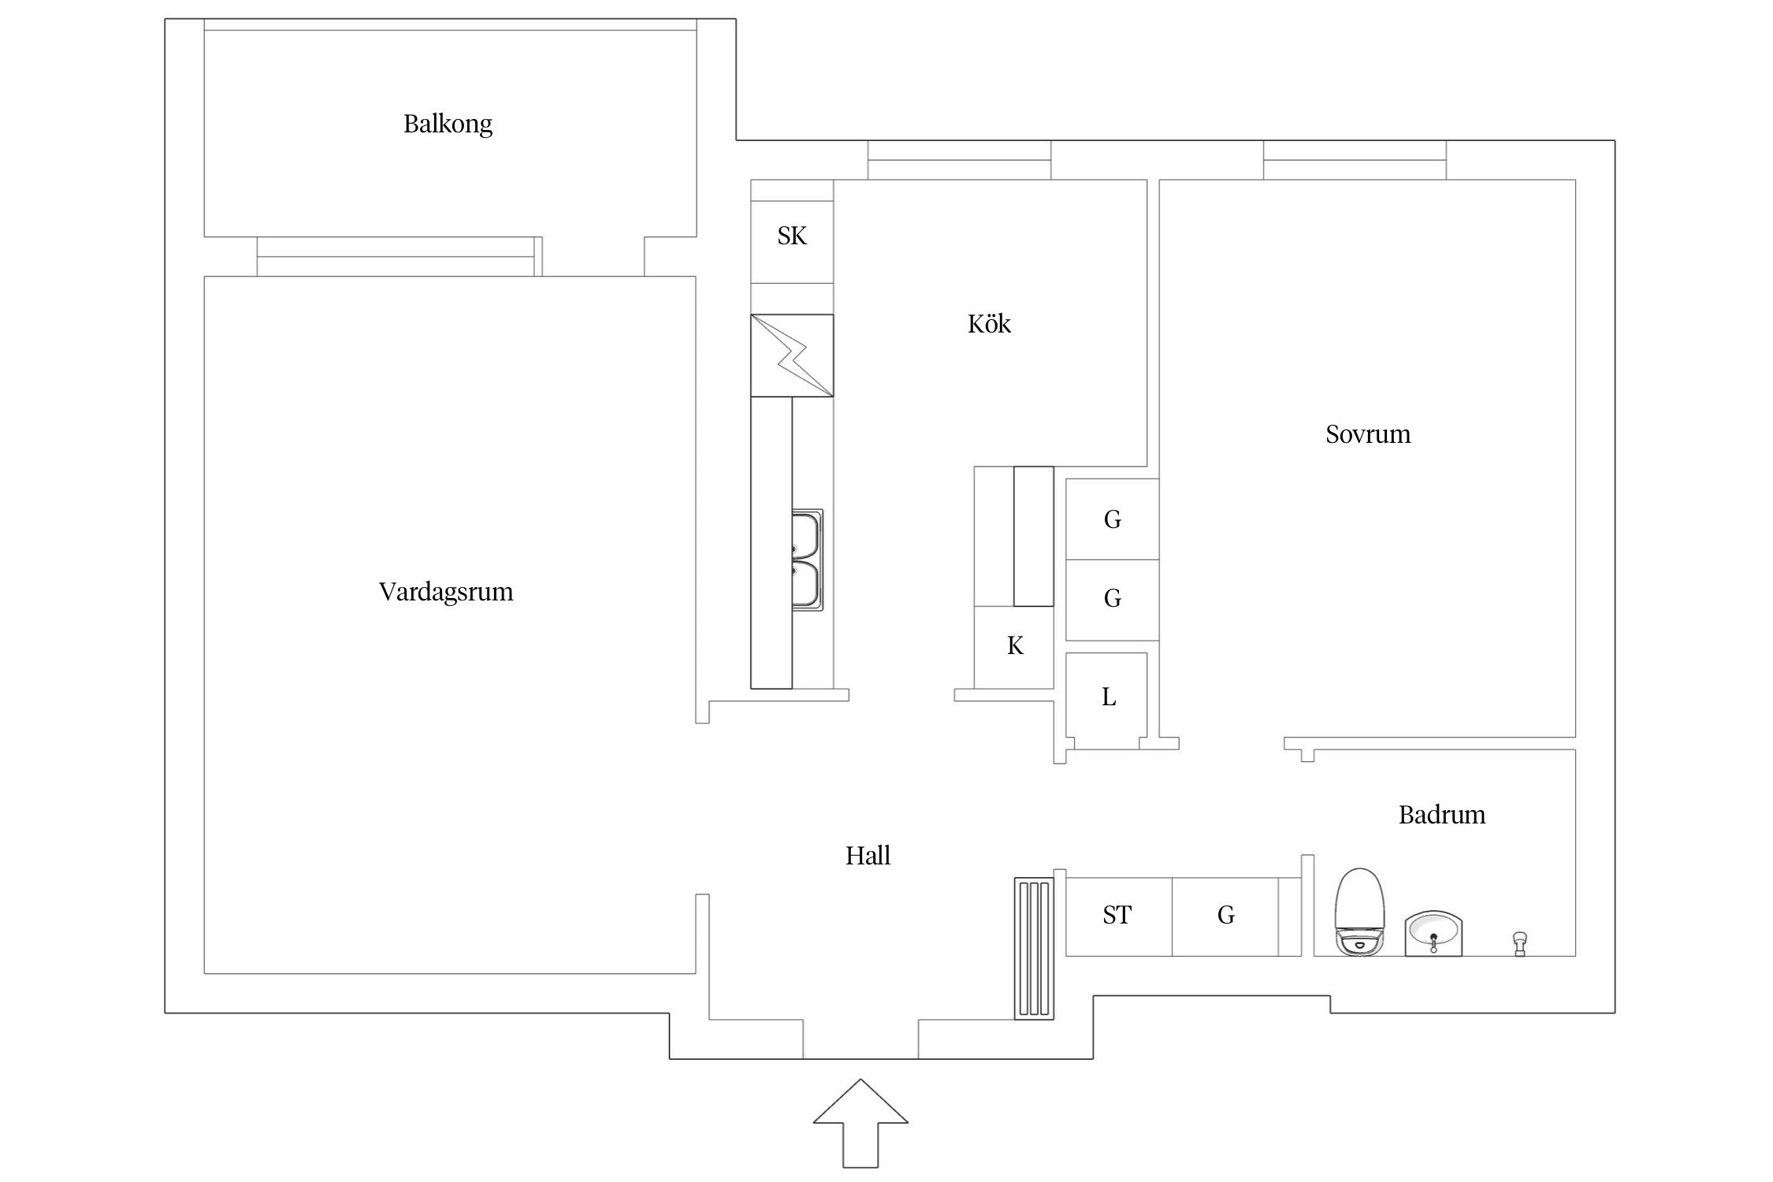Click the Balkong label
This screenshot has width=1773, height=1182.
(448, 124)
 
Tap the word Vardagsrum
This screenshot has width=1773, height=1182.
(446, 592)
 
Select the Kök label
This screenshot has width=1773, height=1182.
(989, 324)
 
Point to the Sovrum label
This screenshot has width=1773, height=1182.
(1368, 434)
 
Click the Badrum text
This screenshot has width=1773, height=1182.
(1442, 814)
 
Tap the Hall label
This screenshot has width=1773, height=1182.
(868, 855)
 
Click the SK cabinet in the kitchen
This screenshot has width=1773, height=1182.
(792, 236)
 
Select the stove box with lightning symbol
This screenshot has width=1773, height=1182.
(792, 355)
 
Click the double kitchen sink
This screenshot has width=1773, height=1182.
(807, 559)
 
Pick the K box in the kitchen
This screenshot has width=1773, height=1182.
(1014, 646)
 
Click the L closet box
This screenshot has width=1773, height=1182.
(1107, 697)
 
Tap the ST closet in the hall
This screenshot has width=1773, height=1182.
(1117, 915)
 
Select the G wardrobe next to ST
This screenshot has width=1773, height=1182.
(1225, 915)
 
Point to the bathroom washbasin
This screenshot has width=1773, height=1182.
(1433, 934)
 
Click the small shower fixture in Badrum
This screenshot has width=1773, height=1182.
(1520, 942)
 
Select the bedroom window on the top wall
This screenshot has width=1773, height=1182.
(1355, 161)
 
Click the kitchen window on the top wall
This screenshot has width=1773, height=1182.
(959, 161)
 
